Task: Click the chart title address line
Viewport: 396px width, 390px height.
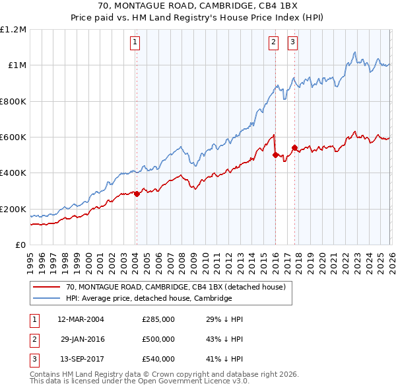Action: coord(198,6)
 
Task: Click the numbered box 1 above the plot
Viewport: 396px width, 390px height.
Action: coord(135,42)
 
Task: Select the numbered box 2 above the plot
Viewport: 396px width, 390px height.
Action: coord(273,42)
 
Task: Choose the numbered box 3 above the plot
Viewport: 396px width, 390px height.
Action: coord(292,42)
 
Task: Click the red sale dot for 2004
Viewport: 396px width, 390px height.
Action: coord(137,194)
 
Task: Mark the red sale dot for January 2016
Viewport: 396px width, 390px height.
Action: coord(275,155)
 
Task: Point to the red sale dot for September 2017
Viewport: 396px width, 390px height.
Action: coord(294,148)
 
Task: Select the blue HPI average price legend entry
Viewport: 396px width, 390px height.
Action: coord(148,299)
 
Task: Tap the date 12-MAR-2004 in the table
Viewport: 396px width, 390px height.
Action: coord(81,319)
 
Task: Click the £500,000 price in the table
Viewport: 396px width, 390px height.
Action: coord(158,339)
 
